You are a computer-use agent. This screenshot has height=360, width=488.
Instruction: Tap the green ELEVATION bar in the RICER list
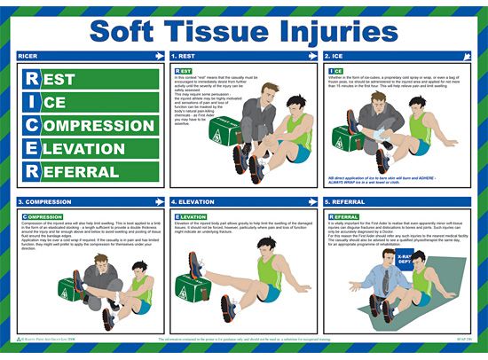point(84,148)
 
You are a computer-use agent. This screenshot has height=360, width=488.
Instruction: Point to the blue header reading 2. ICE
point(341,56)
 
